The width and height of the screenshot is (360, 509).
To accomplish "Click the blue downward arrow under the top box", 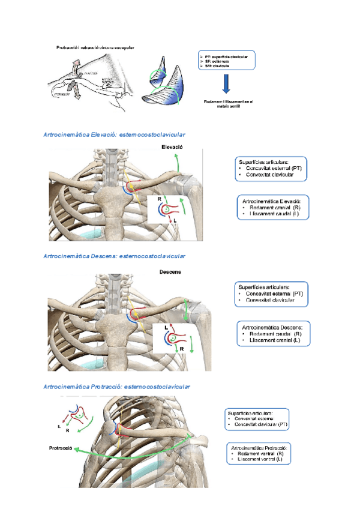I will pos(226,83).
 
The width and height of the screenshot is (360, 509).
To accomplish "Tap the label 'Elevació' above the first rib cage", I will pos(172,147).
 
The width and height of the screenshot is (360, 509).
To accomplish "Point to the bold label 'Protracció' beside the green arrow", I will pos(61,448).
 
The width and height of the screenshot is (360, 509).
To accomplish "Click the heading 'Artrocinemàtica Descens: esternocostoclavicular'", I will pos(115,256).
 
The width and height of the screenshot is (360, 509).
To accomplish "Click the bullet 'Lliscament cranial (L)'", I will pos(272,340).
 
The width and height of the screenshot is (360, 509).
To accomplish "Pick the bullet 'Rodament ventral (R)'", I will pos(260,454).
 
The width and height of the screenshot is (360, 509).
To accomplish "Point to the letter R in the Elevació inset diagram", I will pos(160,197).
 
